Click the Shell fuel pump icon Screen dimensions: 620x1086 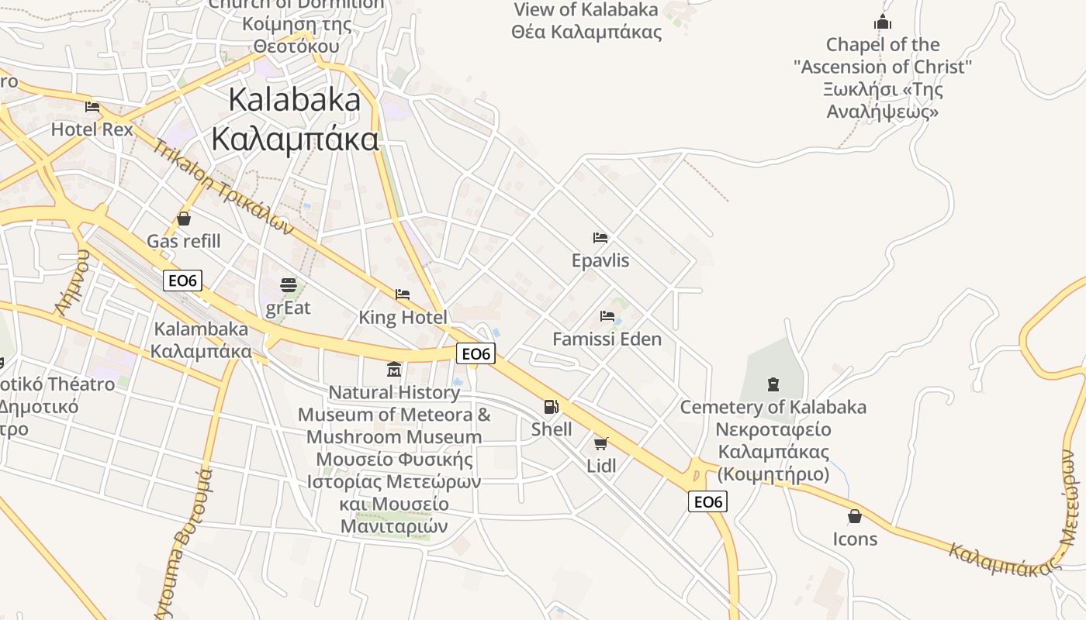click(x=551, y=406)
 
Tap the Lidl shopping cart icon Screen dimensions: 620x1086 click(x=600, y=443)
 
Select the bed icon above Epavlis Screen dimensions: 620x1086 click(x=600, y=237)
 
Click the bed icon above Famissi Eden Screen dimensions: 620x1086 click(x=607, y=316)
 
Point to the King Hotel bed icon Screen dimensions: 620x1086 click(x=403, y=294)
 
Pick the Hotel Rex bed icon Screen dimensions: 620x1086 click(x=92, y=106)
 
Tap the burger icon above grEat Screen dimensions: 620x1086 click(x=289, y=285)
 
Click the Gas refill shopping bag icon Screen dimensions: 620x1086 click(x=184, y=219)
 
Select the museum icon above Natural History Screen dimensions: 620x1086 click(x=394, y=369)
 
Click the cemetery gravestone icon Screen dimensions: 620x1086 click(x=773, y=384)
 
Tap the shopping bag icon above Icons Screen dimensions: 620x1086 click(x=855, y=516)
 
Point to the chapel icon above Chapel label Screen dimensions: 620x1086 click(x=883, y=22)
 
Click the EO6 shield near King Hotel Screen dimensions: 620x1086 click(x=476, y=354)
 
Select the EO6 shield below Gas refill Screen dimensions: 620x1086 click(x=182, y=281)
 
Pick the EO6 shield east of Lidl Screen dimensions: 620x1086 click(x=707, y=502)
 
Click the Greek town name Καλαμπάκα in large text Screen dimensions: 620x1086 click(x=296, y=139)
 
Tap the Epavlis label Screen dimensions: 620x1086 click(x=600, y=260)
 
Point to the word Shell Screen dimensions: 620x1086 click(x=552, y=429)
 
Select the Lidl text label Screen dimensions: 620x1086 click(x=601, y=466)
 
